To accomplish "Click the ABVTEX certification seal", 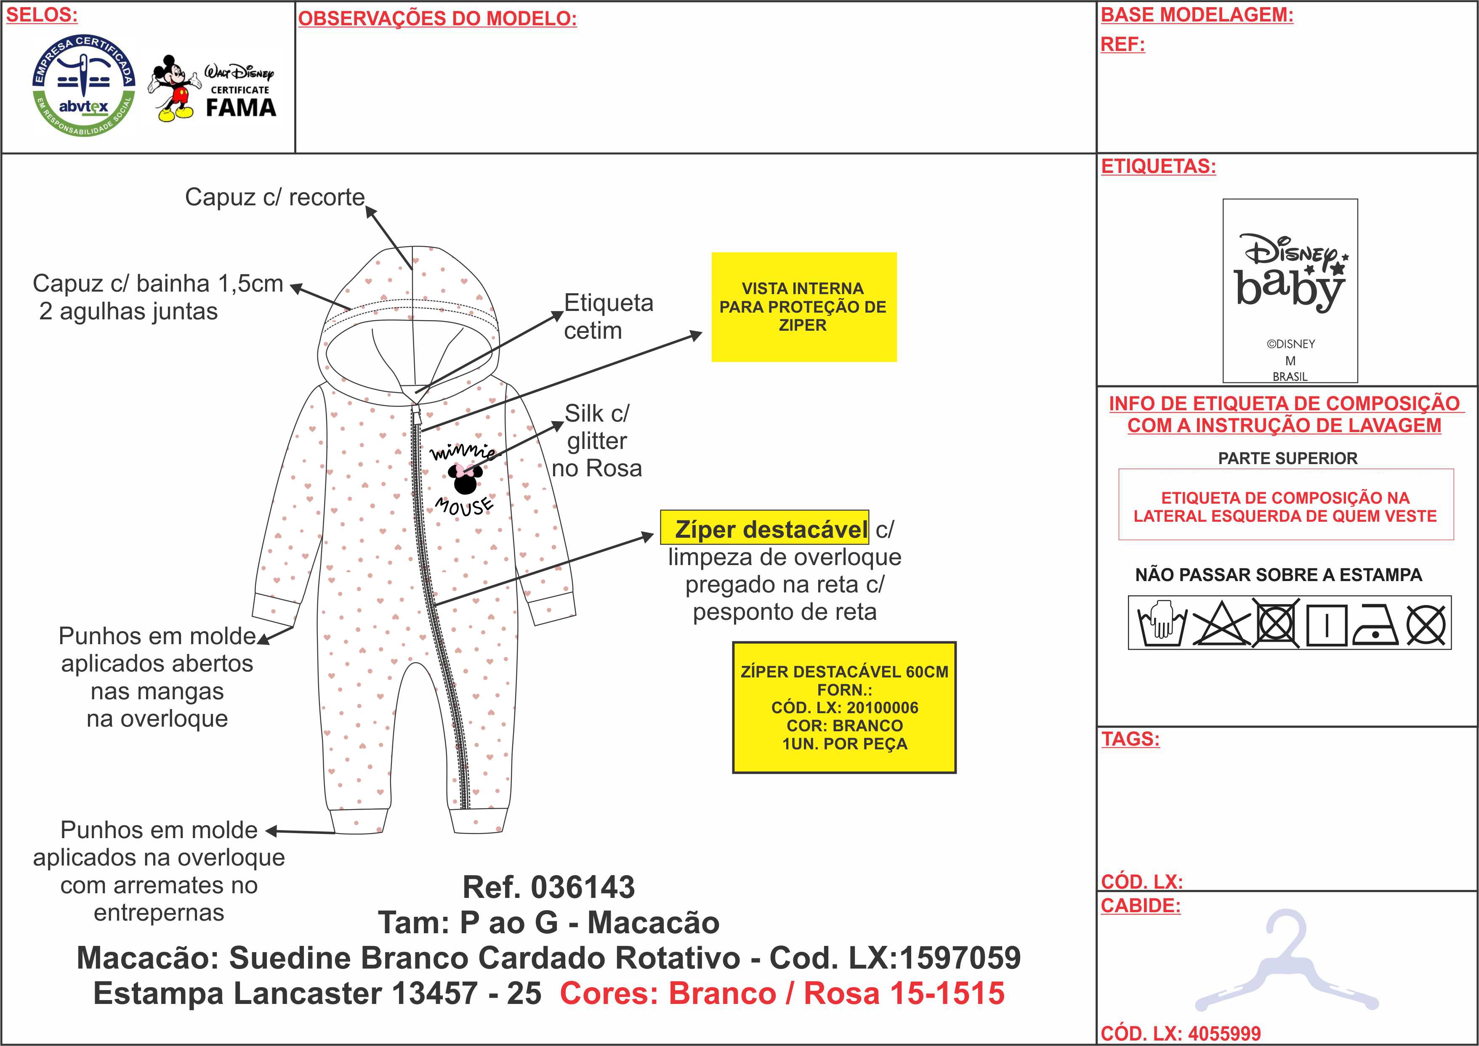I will tap(84, 86).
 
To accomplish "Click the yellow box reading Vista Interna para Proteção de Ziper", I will tap(803, 307).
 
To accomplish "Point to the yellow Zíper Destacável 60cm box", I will tap(844, 707).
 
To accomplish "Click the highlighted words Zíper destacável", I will tap(765, 529).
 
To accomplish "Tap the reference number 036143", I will tap(583, 887).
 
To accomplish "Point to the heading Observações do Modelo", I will tap(437, 19).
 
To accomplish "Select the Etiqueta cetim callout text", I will tap(608, 316).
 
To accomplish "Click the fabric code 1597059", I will tap(960, 958).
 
